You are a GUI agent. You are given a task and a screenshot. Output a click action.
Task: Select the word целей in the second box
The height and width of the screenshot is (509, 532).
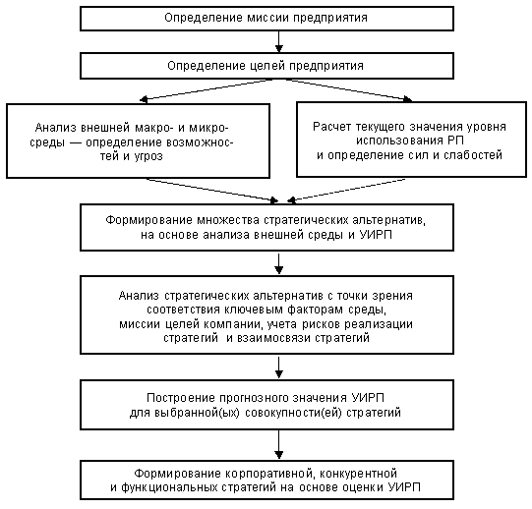[x=266, y=66]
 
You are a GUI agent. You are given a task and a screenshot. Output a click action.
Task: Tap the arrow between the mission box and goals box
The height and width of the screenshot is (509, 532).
[x=278, y=41]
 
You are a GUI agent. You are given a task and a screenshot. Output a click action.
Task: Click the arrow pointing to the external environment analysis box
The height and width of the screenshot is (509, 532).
[x=207, y=89]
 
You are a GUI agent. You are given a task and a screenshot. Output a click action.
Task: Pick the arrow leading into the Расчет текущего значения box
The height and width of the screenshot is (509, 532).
[x=349, y=90]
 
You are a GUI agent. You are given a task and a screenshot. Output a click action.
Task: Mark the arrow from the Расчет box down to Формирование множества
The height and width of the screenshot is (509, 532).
[x=346, y=191]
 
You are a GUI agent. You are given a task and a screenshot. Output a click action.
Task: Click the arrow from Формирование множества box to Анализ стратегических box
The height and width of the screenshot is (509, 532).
[x=278, y=263]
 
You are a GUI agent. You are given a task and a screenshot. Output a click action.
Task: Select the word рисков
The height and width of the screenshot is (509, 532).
[x=321, y=324]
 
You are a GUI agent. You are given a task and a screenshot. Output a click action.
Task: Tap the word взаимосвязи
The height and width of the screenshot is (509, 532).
[x=273, y=338]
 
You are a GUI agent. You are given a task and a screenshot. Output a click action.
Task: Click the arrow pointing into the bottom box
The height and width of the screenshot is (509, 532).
[x=278, y=444]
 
